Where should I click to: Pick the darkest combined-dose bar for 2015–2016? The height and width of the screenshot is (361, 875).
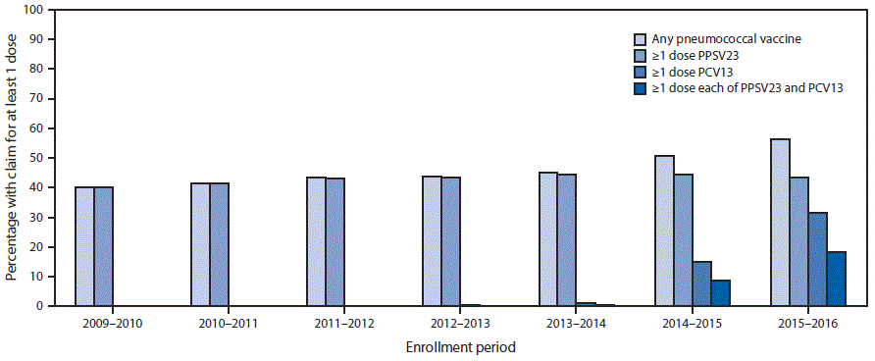click(836, 279)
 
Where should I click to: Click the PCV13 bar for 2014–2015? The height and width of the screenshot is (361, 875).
click(701, 284)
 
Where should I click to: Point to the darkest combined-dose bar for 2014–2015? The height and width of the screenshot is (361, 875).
click(720, 293)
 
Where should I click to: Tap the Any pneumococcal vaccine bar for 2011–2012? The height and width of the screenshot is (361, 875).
click(316, 241)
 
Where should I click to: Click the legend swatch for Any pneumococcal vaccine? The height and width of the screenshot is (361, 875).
click(641, 39)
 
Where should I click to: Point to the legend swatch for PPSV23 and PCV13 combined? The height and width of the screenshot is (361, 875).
click(641, 88)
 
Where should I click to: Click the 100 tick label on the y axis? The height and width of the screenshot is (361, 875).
click(34, 10)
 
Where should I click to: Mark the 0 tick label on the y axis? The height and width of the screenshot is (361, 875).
click(40, 306)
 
